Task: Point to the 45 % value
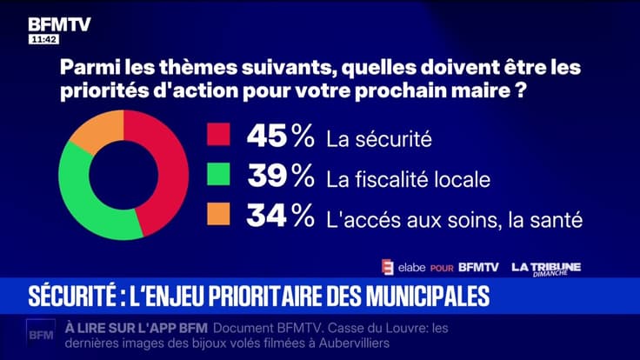click(x=280, y=137)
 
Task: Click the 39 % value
click(x=280, y=178)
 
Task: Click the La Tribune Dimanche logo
click(x=545, y=268)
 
